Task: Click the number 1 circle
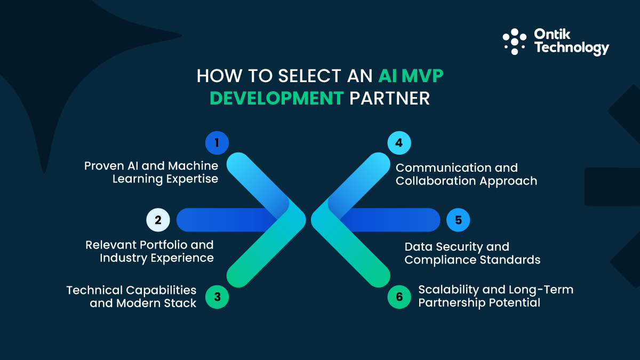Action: click(x=217, y=142)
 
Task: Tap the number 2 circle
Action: click(x=158, y=220)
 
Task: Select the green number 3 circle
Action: click(x=217, y=297)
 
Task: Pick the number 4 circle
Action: click(x=399, y=142)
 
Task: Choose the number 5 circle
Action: click(x=458, y=220)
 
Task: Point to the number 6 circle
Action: click(x=399, y=297)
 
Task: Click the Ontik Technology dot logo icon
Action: click(x=515, y=41)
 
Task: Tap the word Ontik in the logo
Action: click(x=552, y=35)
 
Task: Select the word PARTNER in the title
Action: click(x=389, y=99)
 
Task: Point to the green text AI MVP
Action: click(x=411, y=76)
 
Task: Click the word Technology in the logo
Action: click(x=571, y=49)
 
